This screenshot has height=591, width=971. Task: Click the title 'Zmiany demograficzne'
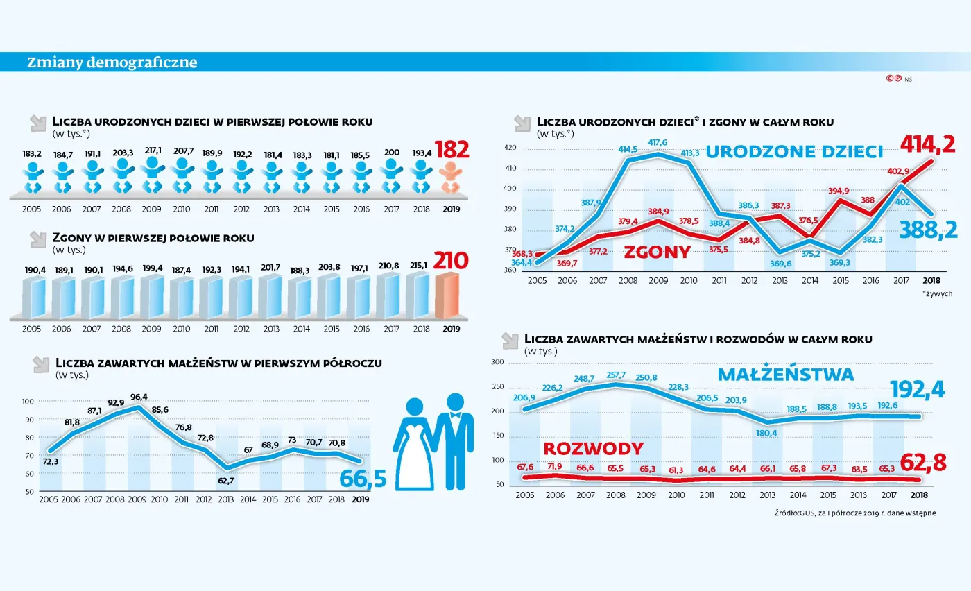point(112,62)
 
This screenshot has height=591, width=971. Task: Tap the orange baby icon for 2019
point(451,178)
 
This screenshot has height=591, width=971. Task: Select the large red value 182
point(451,149)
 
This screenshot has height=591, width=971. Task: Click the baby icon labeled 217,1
point(152,176)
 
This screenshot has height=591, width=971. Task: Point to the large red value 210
point(451,261)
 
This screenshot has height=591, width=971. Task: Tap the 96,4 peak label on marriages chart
point(139,397)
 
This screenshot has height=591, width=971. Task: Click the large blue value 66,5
point(363,479)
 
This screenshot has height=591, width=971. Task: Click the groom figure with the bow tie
point(455,440)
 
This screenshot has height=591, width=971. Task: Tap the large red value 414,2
point(927,144)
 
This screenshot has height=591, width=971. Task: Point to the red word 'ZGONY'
point(657,252)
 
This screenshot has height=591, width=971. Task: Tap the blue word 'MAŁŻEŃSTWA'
point(785,375)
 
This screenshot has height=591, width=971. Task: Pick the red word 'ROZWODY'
point(593,447)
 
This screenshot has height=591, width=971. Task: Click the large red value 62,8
point(922,462)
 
